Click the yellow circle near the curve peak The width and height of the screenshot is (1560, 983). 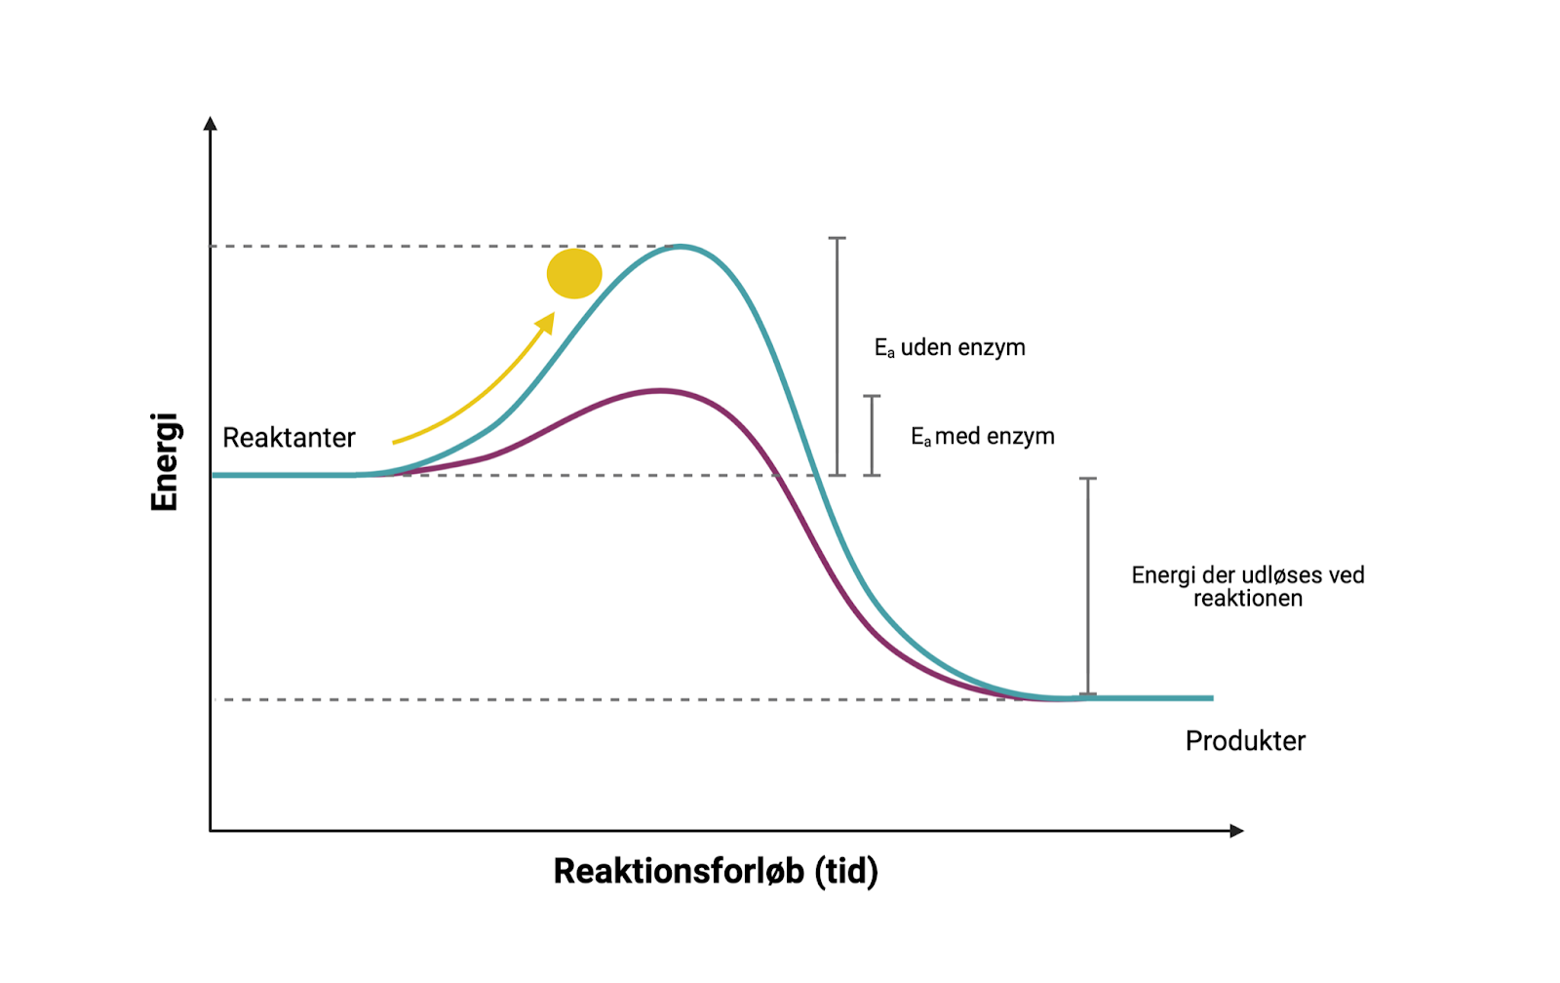[x=574, y=273]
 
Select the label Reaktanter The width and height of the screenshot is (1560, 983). [x=289, y=438]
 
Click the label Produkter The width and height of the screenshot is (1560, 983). [x=1245, y=741]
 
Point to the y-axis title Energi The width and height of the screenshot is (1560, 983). [x=165, y=461]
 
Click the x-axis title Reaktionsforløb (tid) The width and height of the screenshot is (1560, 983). [x=715, y=871]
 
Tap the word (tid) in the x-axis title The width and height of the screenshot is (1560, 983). [x=846, y=871]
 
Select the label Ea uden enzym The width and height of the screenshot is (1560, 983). [x=950, y=348]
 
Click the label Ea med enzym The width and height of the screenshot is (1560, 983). [x=982, y=437]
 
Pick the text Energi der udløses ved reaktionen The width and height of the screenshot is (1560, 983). [x=1248, y=586]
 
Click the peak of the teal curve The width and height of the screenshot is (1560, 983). [x=680, y=247]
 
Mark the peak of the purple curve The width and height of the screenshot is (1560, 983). [x=660, y=391]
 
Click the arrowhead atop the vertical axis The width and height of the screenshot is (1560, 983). [x=210, y=124]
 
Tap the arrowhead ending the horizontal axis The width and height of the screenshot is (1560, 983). [x=1236, y=831]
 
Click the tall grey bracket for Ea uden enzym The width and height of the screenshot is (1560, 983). [x=837, y=356]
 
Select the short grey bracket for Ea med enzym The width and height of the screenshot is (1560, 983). [x=872, y=435]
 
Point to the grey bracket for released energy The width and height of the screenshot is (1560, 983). [x=1088, y=585]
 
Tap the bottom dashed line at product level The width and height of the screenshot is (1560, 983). [x=585, y=700]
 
